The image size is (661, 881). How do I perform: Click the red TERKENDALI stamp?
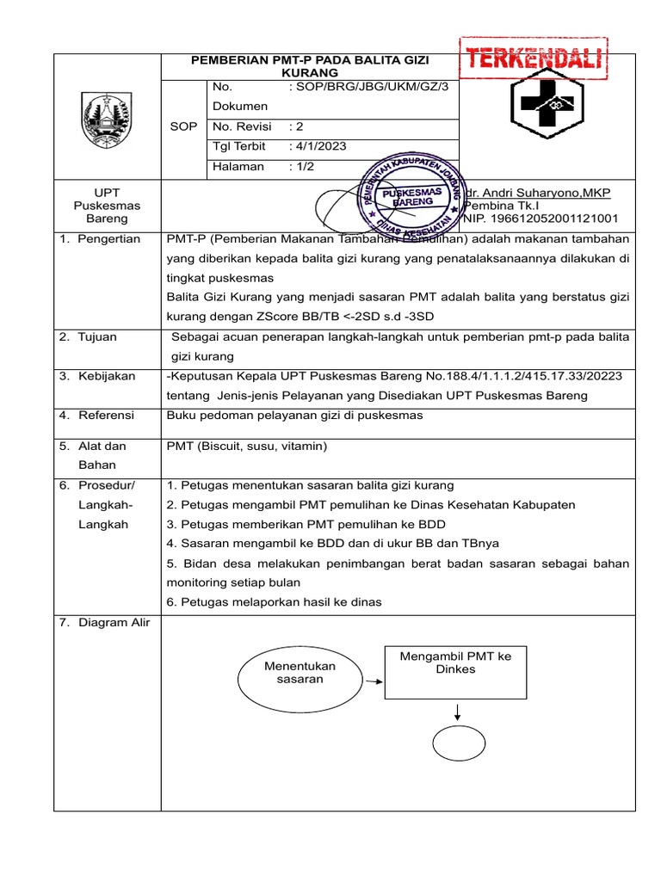click(536, 60)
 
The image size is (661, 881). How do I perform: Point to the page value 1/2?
click(304, 167)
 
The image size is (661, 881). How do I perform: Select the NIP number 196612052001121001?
click(541, 219)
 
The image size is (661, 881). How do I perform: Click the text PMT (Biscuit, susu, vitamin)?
click(247, 447)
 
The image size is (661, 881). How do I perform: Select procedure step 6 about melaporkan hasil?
click(275, 601)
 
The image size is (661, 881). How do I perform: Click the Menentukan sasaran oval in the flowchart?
click(300, 673)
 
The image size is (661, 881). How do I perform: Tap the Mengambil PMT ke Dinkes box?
click(455, 671)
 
